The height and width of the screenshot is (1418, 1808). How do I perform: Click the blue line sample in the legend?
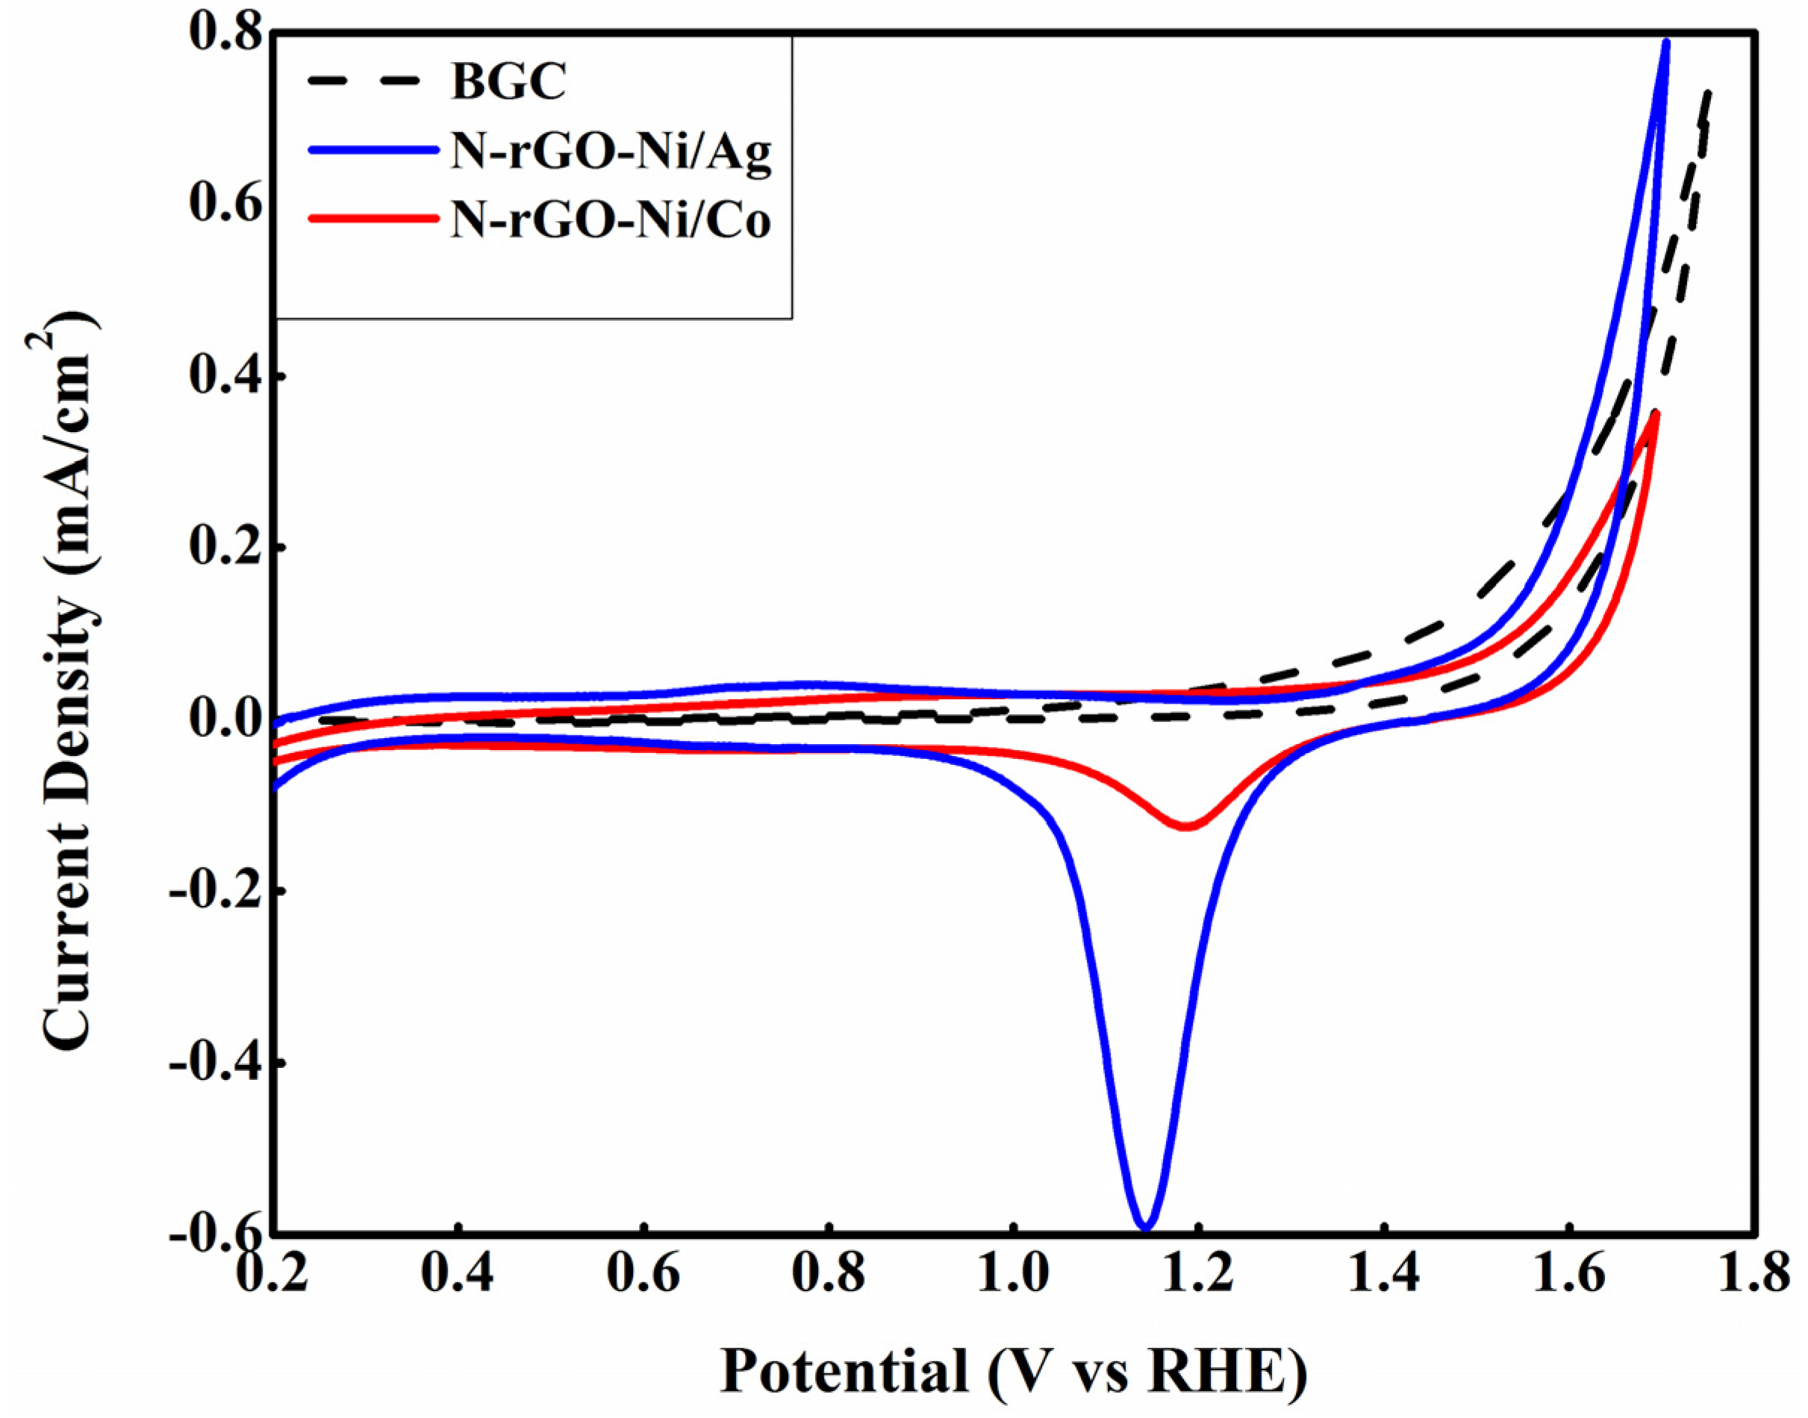pos(371,150)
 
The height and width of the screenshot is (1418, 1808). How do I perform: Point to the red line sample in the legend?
pos(371,219)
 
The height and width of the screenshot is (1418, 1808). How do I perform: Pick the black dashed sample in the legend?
pos(371,81)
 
